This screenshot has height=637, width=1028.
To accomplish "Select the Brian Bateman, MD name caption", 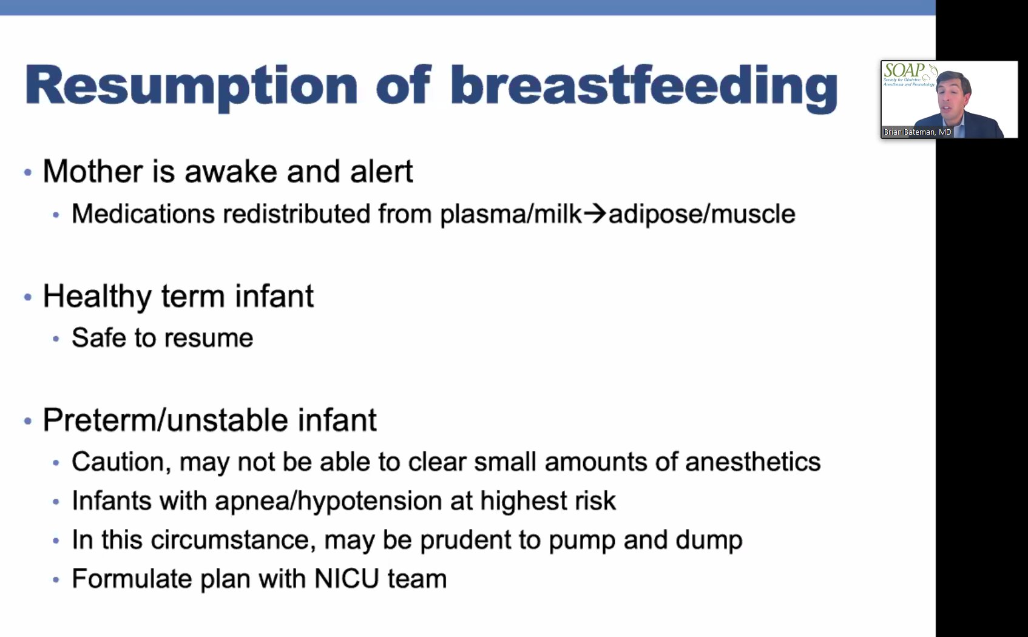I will [x=917, y=132].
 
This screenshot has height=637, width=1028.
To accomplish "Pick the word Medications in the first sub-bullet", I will [x=143, y=214].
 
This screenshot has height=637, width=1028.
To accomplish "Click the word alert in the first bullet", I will [x=381, y=172].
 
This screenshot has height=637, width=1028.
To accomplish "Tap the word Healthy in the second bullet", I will [x=97, y=297].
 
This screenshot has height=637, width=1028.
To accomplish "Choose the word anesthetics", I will [x=752, y=462].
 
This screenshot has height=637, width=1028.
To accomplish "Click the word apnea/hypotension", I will [x=328, y=502].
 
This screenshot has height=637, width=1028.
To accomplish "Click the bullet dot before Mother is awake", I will [x=27, y=173].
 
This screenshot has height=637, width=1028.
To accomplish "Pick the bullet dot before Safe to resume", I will [x=56, y=339].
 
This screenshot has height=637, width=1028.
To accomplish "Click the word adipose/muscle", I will [x=702, y=214].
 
